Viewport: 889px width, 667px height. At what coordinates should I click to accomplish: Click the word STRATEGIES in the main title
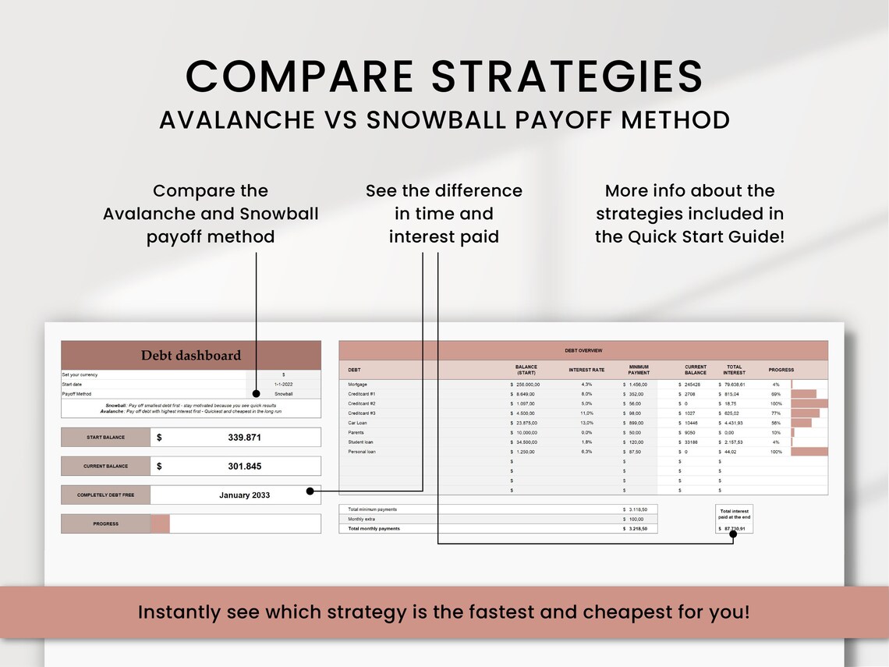(x=567, y=76)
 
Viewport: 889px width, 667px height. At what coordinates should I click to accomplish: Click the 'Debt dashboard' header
(x=191, y=355)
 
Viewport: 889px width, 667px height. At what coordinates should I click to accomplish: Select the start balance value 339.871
(x=244, y=438)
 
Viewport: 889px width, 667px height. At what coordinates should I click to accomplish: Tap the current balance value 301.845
(x=244, y=467)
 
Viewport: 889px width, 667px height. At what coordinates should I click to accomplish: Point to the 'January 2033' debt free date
(x=244, y=495)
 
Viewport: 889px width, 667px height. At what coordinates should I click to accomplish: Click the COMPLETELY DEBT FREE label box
(x=105, y=495)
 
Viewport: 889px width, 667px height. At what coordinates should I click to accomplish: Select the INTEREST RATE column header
(x=586, y=370)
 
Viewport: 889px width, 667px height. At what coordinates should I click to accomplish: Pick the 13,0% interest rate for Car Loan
(x=586, y=423)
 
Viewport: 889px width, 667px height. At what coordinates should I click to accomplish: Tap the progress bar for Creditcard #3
(x=806, y=413)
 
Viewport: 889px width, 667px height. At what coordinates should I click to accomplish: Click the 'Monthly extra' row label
(x=362, y=519)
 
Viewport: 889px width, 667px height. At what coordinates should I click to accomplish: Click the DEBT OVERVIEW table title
(x=583, y=351)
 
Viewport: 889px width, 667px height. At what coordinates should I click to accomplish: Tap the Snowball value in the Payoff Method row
(x=284, y=394)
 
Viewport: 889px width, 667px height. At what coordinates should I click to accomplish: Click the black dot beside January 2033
(x=310, y=491)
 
